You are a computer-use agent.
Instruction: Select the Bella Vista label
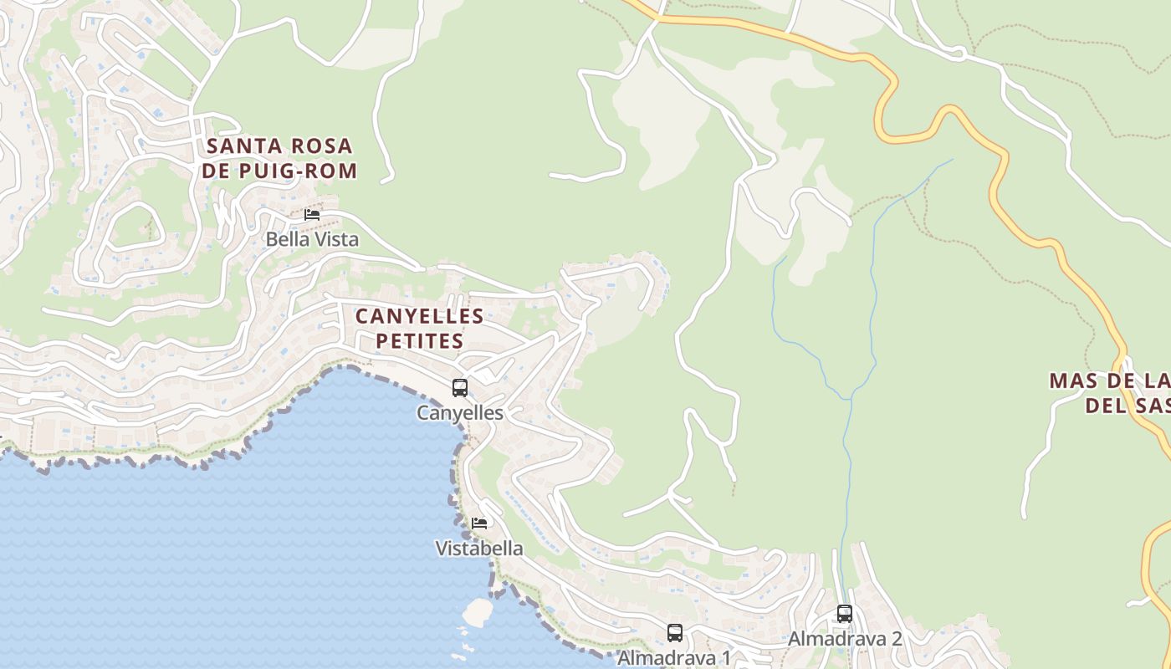pos(312,239)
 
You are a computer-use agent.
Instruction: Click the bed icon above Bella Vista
pos(312,215)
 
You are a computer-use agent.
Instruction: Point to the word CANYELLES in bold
pos(419,317)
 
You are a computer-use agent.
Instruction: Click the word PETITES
pos(419,341)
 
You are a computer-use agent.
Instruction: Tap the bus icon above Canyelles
pos(460,388)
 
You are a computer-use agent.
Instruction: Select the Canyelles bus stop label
pos(460,413)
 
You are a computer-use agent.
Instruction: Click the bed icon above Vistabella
pos(479,523)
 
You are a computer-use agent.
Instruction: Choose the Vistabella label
pos(479,549)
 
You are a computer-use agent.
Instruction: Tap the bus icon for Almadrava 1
pos(675,633)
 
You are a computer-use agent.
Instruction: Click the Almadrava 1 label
pos(674,657)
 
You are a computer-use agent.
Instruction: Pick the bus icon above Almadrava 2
pos(845,614)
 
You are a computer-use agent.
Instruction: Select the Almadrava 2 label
pos(845,639)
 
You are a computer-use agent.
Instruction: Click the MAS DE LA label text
pos(1109,381)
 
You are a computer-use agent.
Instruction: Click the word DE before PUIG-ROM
pos(215,171)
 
